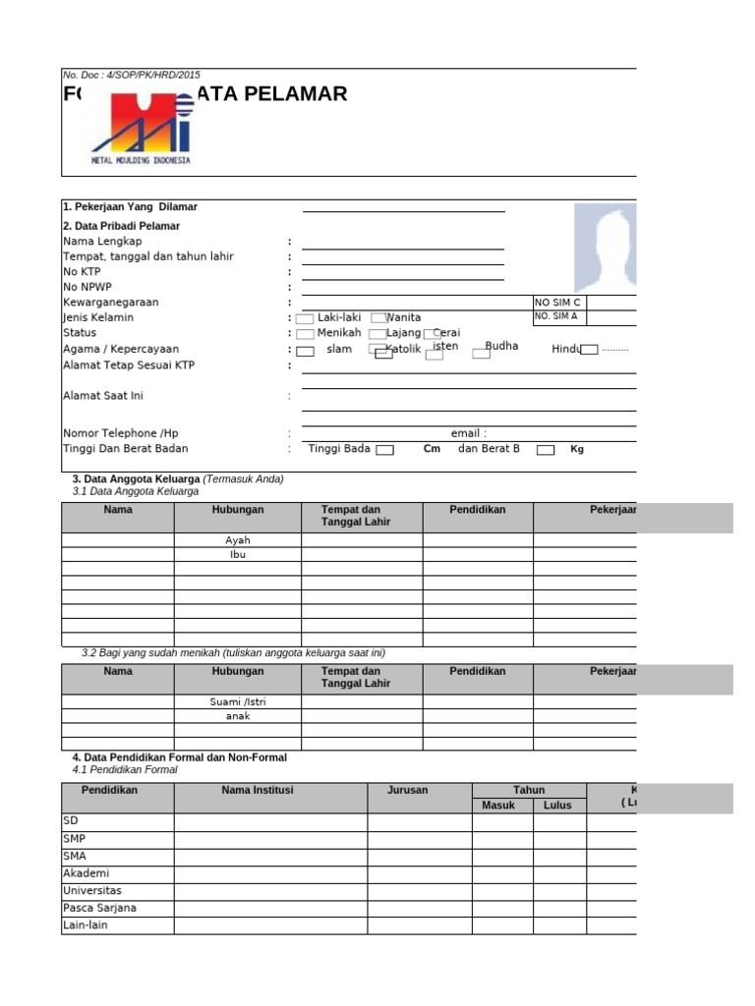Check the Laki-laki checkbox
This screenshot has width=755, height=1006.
305,319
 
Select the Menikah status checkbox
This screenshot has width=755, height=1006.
305,334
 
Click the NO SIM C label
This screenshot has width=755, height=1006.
557,303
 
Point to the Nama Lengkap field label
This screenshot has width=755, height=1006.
102,242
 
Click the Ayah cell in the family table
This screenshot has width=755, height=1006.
238,540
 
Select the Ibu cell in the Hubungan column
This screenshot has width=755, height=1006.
238,554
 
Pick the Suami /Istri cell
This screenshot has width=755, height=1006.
238,701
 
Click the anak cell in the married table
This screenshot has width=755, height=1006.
238,716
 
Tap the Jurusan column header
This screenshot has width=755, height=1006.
408,790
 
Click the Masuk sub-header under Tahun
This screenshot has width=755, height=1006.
498,806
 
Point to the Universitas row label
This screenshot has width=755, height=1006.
92,890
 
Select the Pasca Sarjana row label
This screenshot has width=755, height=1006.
99,908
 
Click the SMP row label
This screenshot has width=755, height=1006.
75,838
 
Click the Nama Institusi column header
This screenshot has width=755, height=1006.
258,790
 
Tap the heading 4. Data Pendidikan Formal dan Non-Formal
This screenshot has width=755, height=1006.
179,757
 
